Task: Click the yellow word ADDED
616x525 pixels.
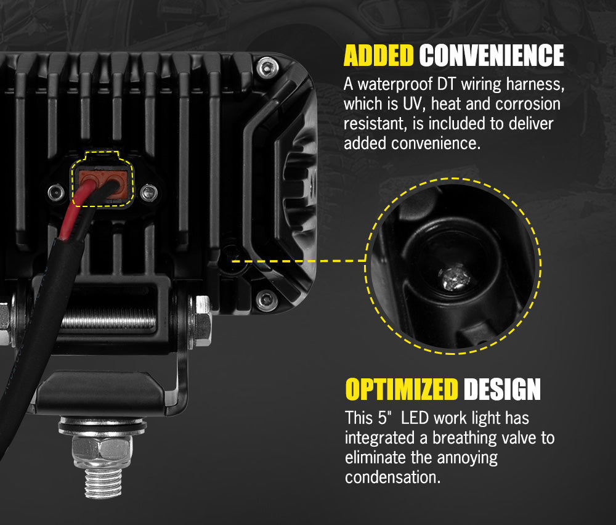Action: click(378, 55)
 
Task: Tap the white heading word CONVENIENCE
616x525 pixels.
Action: click(492, 55)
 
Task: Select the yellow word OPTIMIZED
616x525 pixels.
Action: click(402, 389)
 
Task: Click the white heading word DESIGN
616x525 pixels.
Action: click(502, 389)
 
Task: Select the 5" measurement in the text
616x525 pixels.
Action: click(385, 418)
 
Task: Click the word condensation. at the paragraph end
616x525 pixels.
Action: click(393, 477)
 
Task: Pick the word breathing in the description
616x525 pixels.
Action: click(464, 438)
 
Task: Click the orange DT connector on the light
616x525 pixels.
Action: click(103, 184)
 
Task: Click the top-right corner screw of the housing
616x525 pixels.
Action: click(267, 68)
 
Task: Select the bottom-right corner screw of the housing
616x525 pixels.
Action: click(267, 301)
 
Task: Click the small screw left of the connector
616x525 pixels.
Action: click(56, 192)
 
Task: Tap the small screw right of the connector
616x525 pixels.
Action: click(149, 193)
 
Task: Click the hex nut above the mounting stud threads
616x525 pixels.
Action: click(102, 450)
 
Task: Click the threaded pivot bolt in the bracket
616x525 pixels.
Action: click(108, 319)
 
